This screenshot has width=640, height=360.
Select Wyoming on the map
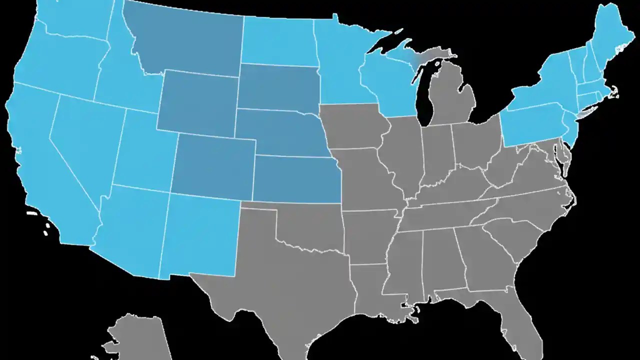(197, 102)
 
